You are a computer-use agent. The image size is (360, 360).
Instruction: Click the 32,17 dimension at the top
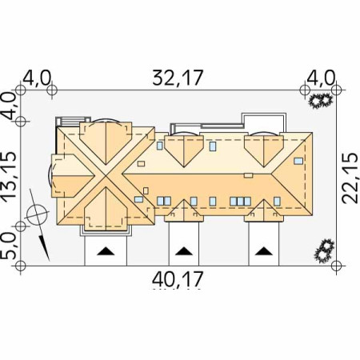tap(178, 78)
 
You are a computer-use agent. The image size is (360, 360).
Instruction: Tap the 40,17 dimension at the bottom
tap(178, 279)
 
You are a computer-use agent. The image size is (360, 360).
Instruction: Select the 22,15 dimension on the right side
tap(350, 178)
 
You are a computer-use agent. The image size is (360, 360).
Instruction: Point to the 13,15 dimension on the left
tap(10, 178)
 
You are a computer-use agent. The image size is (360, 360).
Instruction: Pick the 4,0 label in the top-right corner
tap(321, 78)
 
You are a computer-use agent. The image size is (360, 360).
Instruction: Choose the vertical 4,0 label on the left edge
tap(10, 106)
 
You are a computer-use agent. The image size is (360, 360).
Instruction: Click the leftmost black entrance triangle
tap(106, 251)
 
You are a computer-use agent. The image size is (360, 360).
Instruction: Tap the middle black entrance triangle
tap(184, 251)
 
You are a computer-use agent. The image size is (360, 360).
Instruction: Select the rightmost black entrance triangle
tap(264, 251)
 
